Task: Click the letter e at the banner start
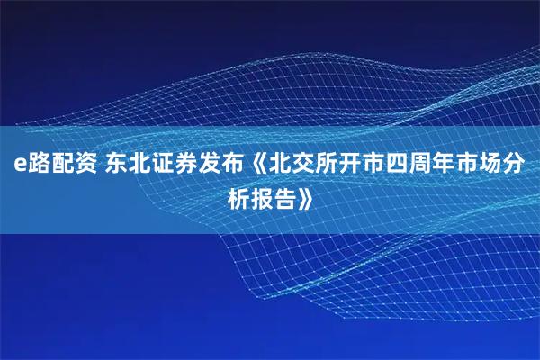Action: click(x=17, y=165)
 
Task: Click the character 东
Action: click(x=118, y=164)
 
